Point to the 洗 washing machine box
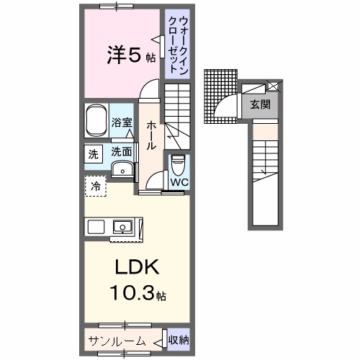click(x=93, y=153)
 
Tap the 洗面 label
click(x=122, y=152)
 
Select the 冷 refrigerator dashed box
click(x=96, y=186)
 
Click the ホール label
click(x=151, y=135)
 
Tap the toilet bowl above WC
click(x=178, y=164)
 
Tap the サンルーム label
click(x=116, y=341)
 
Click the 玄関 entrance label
click(x=260, y=104)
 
